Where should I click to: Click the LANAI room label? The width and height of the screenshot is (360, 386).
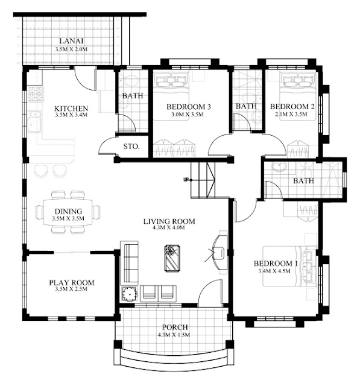71,41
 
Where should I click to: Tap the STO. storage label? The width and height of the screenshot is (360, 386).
131,147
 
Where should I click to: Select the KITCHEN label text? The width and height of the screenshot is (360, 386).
71,109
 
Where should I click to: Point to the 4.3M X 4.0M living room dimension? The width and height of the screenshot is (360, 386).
169,228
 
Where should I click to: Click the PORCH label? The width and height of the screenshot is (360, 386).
175,327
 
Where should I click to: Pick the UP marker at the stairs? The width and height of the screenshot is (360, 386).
186,180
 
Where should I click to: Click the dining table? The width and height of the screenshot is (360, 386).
68,212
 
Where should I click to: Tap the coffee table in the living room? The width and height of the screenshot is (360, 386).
172,258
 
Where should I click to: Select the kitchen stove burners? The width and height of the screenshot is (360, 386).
35,94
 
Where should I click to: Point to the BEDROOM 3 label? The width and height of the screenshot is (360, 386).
189,107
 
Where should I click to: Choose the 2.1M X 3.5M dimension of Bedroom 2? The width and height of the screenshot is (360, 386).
292,114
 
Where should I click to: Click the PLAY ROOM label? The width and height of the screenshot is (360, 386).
72,282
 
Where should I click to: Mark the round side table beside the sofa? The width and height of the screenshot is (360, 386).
130,294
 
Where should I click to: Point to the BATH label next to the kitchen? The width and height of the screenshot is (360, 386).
133,95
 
